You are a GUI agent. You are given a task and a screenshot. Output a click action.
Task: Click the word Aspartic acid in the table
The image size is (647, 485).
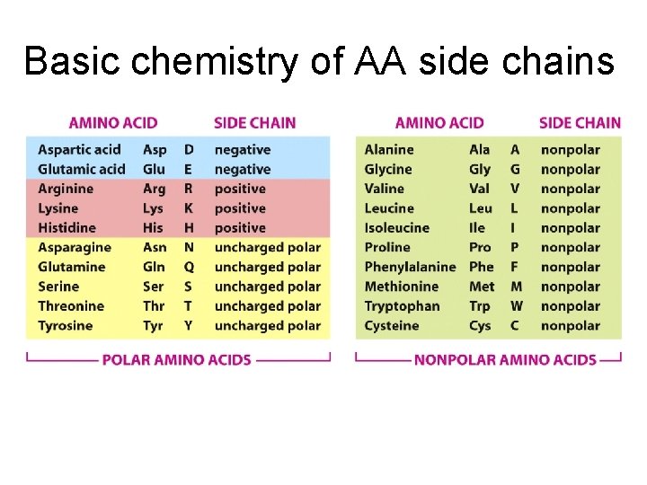[x=79, y=150]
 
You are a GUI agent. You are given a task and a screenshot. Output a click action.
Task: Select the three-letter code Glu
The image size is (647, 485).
[x=154, y=170]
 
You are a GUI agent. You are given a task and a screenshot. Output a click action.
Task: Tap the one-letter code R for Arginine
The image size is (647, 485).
[x=189, y=189]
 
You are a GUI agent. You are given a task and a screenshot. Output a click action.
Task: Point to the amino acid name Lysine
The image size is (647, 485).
[x=58, y=208]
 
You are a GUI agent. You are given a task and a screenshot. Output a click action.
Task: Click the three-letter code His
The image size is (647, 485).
[x=153, y=228]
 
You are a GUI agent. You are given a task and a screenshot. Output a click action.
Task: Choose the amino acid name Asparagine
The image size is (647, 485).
[x=75, y=247]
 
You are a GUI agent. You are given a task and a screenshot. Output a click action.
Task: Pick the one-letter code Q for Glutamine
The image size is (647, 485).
[x=189, y=267]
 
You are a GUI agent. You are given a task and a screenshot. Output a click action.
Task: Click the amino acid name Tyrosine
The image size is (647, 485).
[x=65, y=325]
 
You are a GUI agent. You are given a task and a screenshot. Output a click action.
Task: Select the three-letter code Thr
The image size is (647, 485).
[x=154, y=306]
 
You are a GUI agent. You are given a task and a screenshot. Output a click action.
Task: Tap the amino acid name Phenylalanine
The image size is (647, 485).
[x=410, y=267]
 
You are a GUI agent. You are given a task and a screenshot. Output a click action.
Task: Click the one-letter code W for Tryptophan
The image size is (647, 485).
[x=516, y=306]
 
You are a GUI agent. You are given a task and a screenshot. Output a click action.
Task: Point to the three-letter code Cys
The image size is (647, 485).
[x=481, y=325]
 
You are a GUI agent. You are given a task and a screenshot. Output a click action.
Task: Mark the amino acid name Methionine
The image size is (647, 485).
[x=401, y=287]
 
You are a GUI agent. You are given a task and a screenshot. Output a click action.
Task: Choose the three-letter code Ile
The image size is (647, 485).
[x=478, y=228]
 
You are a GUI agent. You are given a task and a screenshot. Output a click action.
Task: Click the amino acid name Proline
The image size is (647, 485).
[x=387, y=247]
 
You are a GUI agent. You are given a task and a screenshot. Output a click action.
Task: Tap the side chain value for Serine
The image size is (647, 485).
[x=267, y=287]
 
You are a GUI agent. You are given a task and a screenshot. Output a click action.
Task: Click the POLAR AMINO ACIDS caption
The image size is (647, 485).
[x=177, y=360]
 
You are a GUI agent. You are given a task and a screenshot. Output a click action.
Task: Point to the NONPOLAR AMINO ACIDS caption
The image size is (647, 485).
[x=505, y=360]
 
